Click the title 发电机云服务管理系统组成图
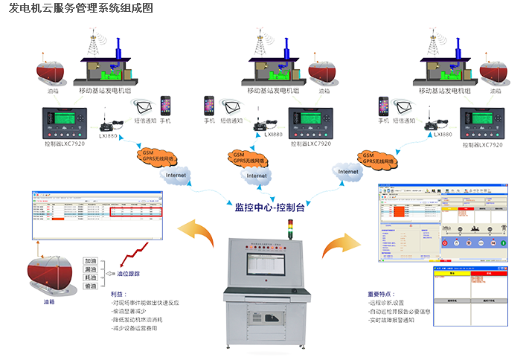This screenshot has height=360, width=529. [x=82, y=9]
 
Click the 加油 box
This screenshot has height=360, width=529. [x=91, y=262]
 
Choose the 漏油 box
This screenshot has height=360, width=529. [x=91, y=270]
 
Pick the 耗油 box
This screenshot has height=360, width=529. [x=91, y=279]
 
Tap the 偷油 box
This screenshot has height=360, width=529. [x=91, y=288]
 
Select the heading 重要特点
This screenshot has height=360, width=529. [x=381, y=295]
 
